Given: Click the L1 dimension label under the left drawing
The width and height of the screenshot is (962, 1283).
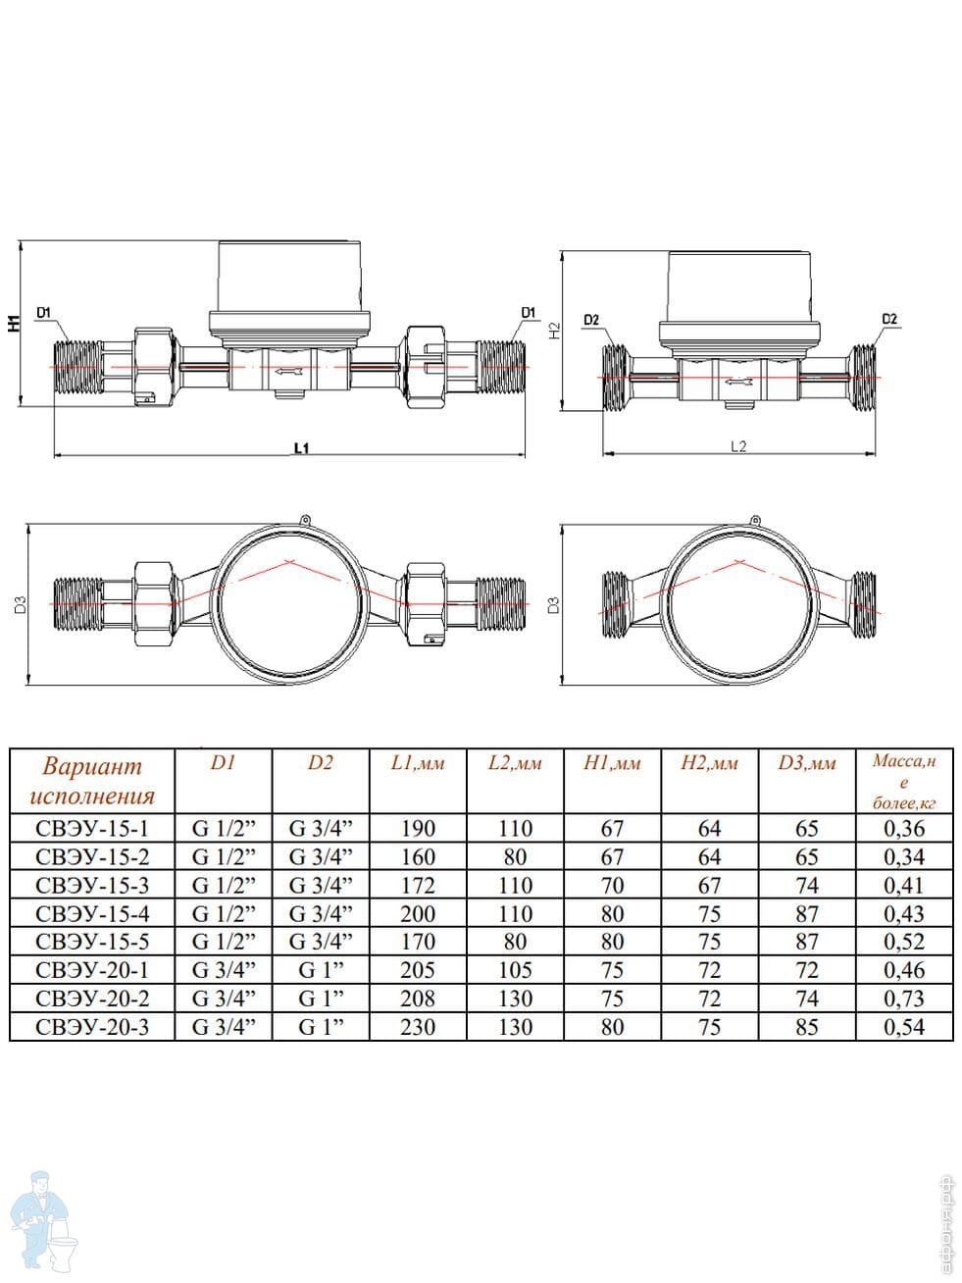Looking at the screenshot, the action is pyautogui.click(x=301, y=448).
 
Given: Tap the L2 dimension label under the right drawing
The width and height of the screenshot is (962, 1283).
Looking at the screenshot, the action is pyautogui.click(x=738, y=446).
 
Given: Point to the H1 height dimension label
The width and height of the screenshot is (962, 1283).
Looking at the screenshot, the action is pyautogui.click(x=14, y=322).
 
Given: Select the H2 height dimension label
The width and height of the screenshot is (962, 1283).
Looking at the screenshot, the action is pyautogui.click(x=555, y=331).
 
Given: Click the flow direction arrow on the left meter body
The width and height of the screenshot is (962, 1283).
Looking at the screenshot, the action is pyautogui.click(x=289, y=371).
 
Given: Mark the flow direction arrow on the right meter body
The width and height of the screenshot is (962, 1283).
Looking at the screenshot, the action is pyautogui.click(x=738, y=383).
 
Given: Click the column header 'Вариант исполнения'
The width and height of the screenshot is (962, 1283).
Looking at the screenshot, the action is pyautogui.click(x=92, y=781).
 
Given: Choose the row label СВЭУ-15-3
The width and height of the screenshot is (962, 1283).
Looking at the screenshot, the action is pyautogui.click(x=92, y=885).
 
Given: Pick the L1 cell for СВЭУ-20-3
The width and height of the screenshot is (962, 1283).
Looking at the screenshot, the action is pyautogui.click(x=418, y=1027).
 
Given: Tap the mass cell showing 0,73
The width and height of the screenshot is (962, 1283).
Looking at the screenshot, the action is pyautogui.click(x=904, y=999).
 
